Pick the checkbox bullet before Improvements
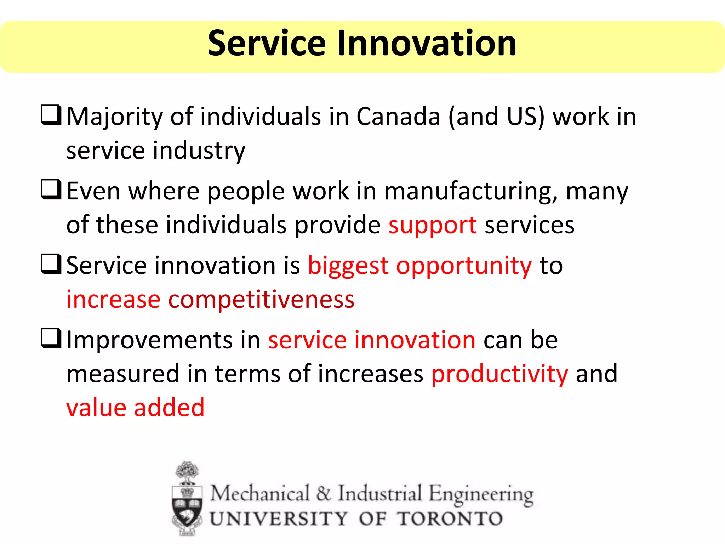pos(51,338)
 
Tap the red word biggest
pos(348,266)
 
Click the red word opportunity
pos(464,266)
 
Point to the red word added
pos(169,407)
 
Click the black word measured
pos(123,374)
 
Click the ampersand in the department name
pos(323,493)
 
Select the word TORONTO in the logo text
pos(450,519)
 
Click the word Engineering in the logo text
pos(481,494)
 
